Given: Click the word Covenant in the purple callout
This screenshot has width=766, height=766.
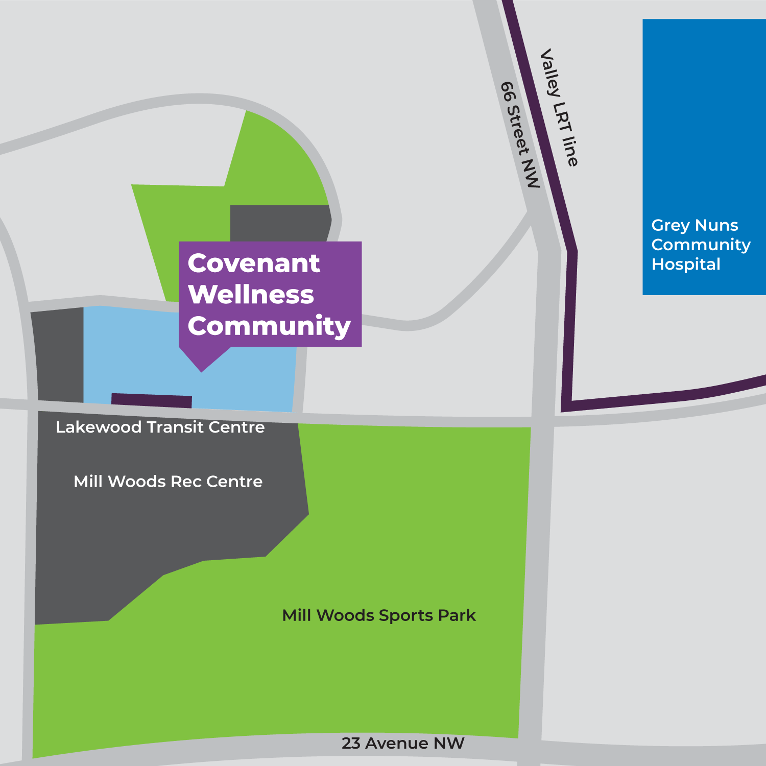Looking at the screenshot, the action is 254,264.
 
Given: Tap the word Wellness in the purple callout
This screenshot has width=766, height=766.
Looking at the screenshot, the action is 251,295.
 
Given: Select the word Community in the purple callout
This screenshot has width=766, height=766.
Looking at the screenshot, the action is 269,326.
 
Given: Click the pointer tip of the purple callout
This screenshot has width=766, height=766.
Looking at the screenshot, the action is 202,371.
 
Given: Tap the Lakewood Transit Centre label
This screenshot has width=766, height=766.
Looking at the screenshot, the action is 160,427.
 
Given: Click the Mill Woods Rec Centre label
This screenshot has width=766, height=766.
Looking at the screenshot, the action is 168,482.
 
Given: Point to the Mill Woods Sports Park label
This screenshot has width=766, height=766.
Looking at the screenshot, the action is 378,615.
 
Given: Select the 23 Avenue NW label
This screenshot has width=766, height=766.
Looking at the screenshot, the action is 403,744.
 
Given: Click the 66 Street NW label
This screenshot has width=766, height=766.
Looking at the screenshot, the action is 520,135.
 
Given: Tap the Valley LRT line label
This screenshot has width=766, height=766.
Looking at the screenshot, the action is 559,108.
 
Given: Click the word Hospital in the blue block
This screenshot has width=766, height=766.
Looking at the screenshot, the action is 686,265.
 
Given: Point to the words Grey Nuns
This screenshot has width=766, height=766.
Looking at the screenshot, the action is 695,225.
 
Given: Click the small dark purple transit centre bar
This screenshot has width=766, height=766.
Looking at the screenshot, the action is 152,400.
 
